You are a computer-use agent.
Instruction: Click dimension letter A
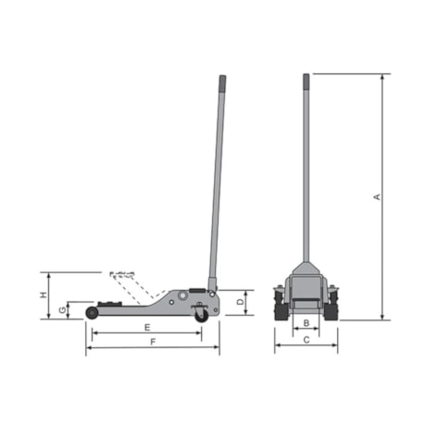coord(376,196)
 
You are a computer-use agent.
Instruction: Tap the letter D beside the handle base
coord(240,302)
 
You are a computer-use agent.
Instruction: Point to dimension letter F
coord(153,343)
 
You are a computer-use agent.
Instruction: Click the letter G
coord(62,309)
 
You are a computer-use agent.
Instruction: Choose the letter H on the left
coord(43,294)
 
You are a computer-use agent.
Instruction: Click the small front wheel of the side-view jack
coord(93,313)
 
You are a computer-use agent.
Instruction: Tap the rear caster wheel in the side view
coord(201,315)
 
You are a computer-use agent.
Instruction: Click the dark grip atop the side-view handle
coord(223,84)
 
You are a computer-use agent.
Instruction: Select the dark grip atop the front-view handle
coord(306,82)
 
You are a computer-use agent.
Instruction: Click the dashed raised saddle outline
coord(122,274)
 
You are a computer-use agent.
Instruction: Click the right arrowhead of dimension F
coord(218,349)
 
